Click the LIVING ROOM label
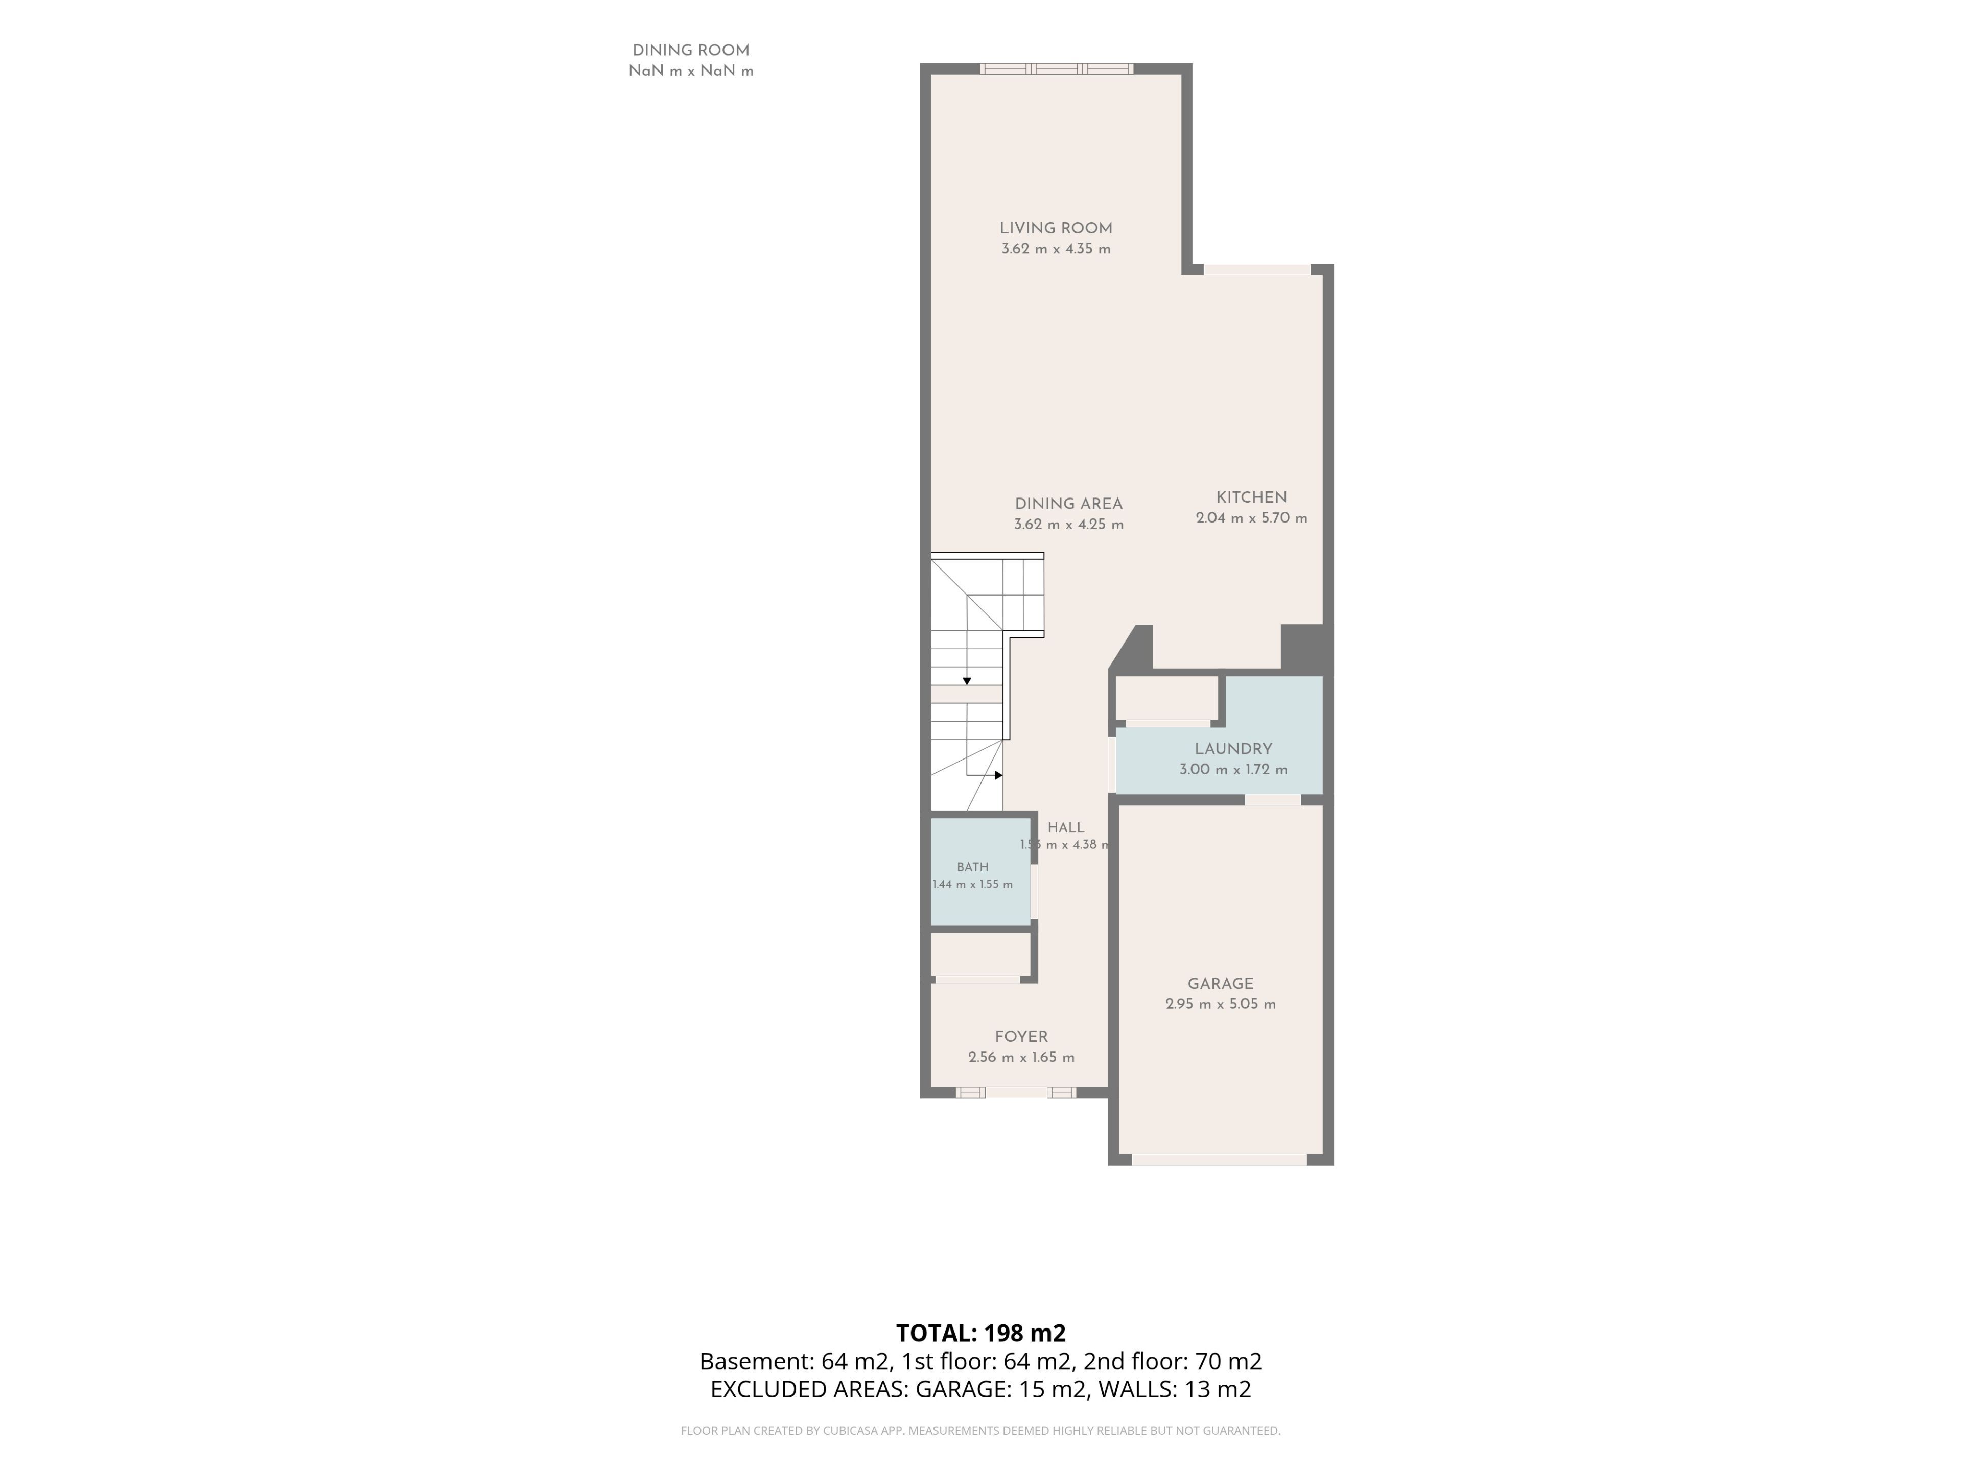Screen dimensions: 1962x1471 (1056, 228)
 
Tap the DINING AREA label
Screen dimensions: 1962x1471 (1069, 504)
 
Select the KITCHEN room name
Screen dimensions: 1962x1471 (1251, 497)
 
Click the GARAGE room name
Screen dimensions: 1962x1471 (1221, 983)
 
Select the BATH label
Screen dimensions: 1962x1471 (973, 867)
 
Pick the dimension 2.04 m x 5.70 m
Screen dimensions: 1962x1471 (1251, 518)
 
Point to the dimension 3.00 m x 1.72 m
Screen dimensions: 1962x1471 (1233, 770)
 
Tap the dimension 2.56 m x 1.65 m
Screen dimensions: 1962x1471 (1022, 1057)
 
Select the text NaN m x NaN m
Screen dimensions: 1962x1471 (691, 71)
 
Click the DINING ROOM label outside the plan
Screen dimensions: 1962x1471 (691, 51)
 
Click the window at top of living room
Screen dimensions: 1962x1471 (1057, 68)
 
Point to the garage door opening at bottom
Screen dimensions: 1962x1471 (1220, 1160)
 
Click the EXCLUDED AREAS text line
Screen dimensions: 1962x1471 (981, 1389)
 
